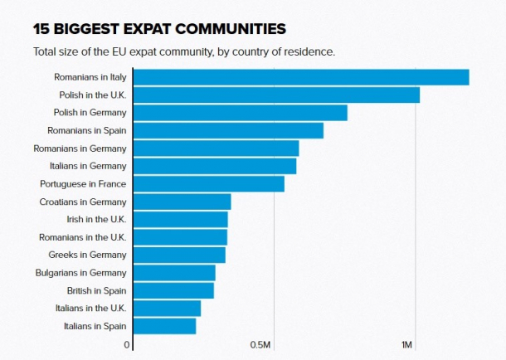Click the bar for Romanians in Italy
301,77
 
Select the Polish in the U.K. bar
276,95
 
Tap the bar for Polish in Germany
240,113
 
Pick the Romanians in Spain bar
228,130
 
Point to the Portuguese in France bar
208,183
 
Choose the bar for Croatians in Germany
182,202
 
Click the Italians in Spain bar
164,326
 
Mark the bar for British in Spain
173,290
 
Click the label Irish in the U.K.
96,220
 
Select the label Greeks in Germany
87,255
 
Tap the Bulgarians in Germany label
80,273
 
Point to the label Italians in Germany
86,166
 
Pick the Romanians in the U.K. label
83,237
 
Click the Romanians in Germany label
80,148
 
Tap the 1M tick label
406,345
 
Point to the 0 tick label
127,345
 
